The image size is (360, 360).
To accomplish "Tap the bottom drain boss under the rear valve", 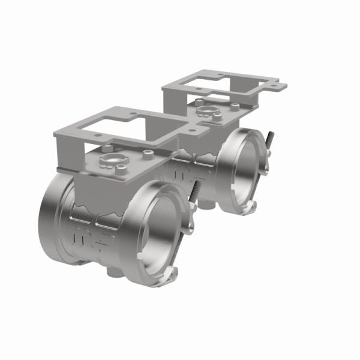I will tap(204, 207).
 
